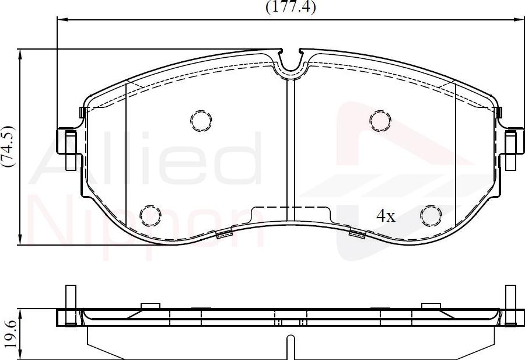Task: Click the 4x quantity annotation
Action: [x=386, y=216]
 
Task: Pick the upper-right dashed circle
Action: [x=380, y=120]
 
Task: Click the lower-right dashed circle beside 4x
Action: [x=432, y=215]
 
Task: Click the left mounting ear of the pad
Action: [x=68, y=149]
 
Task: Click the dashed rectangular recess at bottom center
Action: [x=290, y=214]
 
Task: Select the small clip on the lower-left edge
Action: [x=224, y=234]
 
